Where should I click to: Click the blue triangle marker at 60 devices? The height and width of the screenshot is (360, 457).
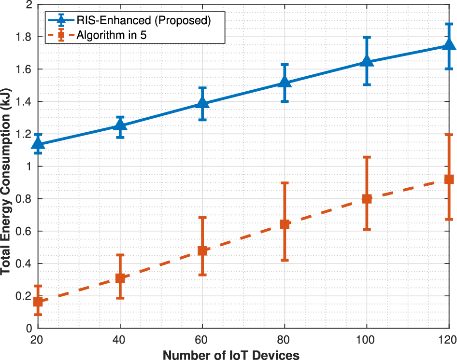(x=202, y=103)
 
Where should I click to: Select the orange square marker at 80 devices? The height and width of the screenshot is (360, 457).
(x=285, y=224)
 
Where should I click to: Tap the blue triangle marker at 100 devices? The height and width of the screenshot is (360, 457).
(x=367, y=61)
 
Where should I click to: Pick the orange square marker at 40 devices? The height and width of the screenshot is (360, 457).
(x=120, y=278)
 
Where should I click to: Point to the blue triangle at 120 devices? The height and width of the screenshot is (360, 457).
(x=449, y=44)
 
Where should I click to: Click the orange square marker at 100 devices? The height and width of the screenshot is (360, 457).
(x=367, y=199)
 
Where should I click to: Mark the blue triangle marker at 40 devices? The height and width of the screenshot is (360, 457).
(x=120, y=125)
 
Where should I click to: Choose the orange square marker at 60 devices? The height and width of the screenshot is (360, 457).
(x=202, y=251)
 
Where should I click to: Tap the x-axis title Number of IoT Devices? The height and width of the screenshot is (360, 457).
(x=231, y=355)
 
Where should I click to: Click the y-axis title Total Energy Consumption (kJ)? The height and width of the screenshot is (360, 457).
(x=6, y=166)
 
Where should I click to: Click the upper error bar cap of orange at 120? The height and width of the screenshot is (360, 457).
(x=449, y=134)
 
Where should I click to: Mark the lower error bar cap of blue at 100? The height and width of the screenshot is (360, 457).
(x=367, y=84)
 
